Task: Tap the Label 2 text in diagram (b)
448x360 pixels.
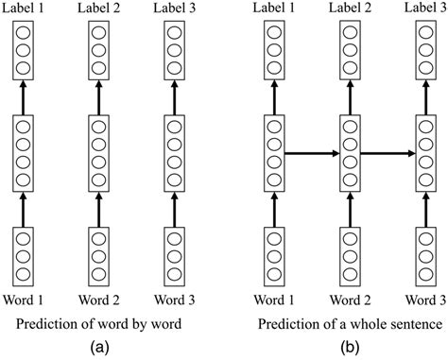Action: (x=347, y=9)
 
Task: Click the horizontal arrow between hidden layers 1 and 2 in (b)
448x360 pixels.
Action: (x=306, y=150)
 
